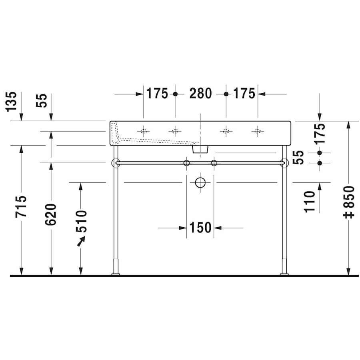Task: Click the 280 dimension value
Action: tap(200, 94)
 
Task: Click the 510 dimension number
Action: tap(81, 221)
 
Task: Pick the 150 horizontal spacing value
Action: tap(200, 228)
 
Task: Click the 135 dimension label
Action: tap(12, 101)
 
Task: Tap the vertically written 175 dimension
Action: tap(320, 134)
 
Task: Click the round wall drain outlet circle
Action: tap(200, 183)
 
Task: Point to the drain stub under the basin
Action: tap(200, 149)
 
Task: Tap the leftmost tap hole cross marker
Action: tap(143, 131)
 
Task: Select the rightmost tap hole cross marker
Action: tap(257, 131)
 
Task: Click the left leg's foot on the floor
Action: tap(116, 274)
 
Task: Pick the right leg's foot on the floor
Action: tap(284, 274)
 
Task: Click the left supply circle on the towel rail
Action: tap(186, 163)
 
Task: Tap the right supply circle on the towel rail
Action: tap(214, 163)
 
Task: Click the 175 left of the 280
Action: tap(157, 94)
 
